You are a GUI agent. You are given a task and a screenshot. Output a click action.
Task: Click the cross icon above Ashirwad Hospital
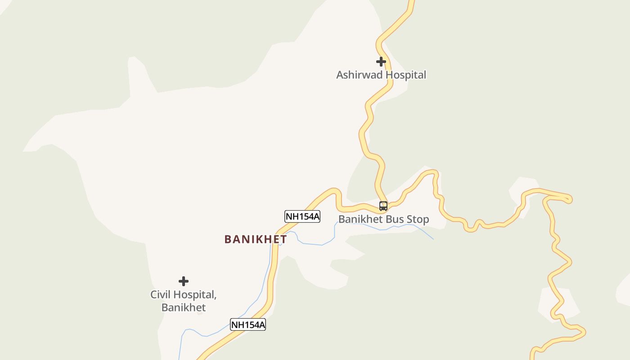pos(381,62)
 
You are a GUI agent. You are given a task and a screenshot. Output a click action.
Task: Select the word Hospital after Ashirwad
pos(405,75)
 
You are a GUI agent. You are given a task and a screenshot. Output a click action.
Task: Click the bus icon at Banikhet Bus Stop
pos(383,206)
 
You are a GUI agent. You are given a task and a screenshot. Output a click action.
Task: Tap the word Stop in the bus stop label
pos(418,220)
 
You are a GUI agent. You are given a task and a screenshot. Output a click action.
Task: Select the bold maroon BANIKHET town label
pos(256,239)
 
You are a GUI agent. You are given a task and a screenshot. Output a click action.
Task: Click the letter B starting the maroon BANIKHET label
pos(228,239)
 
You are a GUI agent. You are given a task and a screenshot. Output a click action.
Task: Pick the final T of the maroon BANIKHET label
pos(283,239)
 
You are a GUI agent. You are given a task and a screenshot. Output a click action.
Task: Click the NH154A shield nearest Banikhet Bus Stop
pos(302,216)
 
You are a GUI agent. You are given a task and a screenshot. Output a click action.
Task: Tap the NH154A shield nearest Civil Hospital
pos(248,324)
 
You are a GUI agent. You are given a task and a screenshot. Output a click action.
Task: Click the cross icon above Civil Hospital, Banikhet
pos(183,282)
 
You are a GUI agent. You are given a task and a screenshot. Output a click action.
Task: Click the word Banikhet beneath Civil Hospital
pos(184,308)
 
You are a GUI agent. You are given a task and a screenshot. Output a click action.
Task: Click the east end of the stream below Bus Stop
pos(432,238)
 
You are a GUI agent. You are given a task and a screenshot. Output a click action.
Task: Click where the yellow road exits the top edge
pos(411,2)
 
